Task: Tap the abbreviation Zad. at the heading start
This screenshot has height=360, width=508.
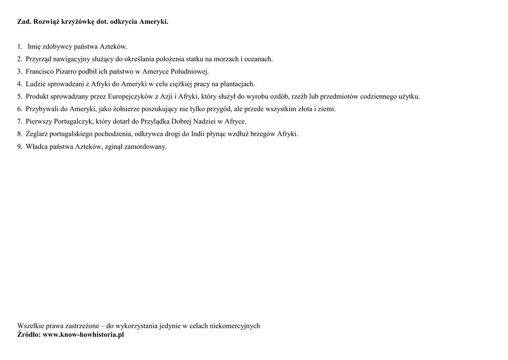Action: tap(25, 22)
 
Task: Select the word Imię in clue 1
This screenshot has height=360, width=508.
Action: tap(35, 47)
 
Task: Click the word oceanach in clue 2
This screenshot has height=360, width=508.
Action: tap(259, 59)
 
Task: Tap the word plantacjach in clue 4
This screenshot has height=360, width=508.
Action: tap(238, 84)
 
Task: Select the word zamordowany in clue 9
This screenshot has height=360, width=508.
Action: tap(147, 146)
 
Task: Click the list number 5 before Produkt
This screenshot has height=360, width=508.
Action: tap(19, 96)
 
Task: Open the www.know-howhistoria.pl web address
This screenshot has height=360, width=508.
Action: tap(83, 335)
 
